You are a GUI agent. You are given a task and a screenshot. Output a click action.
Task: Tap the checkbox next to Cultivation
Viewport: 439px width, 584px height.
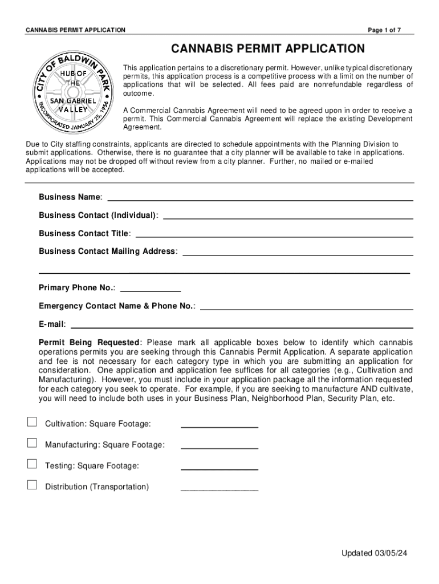coord(32,422)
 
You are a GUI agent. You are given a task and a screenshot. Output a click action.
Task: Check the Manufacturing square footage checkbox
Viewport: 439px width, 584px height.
coord(32,443)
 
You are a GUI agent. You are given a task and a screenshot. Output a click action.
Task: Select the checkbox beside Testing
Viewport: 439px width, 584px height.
coord(32,464)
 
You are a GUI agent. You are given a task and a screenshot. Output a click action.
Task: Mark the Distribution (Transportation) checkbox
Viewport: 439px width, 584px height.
coord(32,485)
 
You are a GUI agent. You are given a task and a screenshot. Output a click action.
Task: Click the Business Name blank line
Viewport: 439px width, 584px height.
coord(260,200)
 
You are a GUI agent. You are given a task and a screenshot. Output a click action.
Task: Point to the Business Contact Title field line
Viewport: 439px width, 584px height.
coord(274,236)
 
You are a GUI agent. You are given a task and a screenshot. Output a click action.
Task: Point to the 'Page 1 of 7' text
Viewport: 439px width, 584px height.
coord(385,30)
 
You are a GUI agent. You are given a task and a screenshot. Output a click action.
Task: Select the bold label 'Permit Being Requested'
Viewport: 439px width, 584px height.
coord(89,343)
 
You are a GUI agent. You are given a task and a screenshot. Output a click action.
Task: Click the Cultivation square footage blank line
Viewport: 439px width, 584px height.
coord(219,427)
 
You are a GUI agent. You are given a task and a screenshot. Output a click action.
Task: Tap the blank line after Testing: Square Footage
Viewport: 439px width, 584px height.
coord(219,469)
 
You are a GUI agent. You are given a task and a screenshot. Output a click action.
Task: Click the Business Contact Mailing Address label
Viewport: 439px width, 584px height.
coord(107,252)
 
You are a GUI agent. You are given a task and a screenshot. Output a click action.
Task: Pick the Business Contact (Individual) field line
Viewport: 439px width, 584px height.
coord(288,218)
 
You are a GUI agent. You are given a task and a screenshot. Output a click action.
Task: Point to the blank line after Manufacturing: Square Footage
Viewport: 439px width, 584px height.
coord(219,448)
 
